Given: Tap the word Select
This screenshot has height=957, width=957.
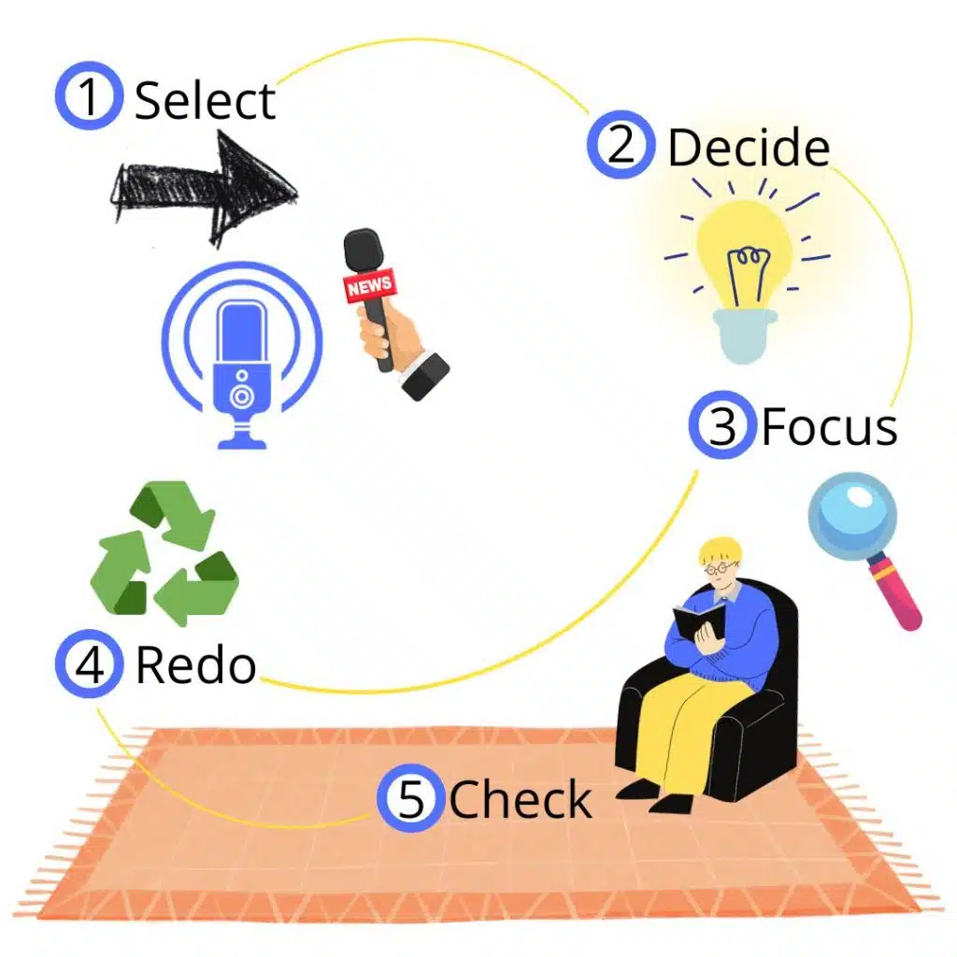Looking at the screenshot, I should pyautogui.click(x=206, y=101).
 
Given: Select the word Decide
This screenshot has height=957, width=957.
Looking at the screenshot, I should pyautogui.click(x=749, y=148).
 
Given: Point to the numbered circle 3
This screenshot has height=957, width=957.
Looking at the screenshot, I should pyautogui.click(x=721, y=425).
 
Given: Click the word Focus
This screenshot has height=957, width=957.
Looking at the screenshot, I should pyautogui.click(x=830, y=427).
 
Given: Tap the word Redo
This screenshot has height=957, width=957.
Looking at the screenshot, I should pyautogui.click(x=196, y=665).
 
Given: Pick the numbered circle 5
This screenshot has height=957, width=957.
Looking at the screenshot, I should pyautogui.click(x=410, y=799).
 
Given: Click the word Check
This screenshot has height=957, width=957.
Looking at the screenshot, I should pyautogui.click(x=521, y=801).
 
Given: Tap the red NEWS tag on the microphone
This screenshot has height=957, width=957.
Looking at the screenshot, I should pyautogui.click(x=370, y=286).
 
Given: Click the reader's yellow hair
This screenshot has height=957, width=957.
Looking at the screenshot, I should pyautogui.click(x=720, y=549).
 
